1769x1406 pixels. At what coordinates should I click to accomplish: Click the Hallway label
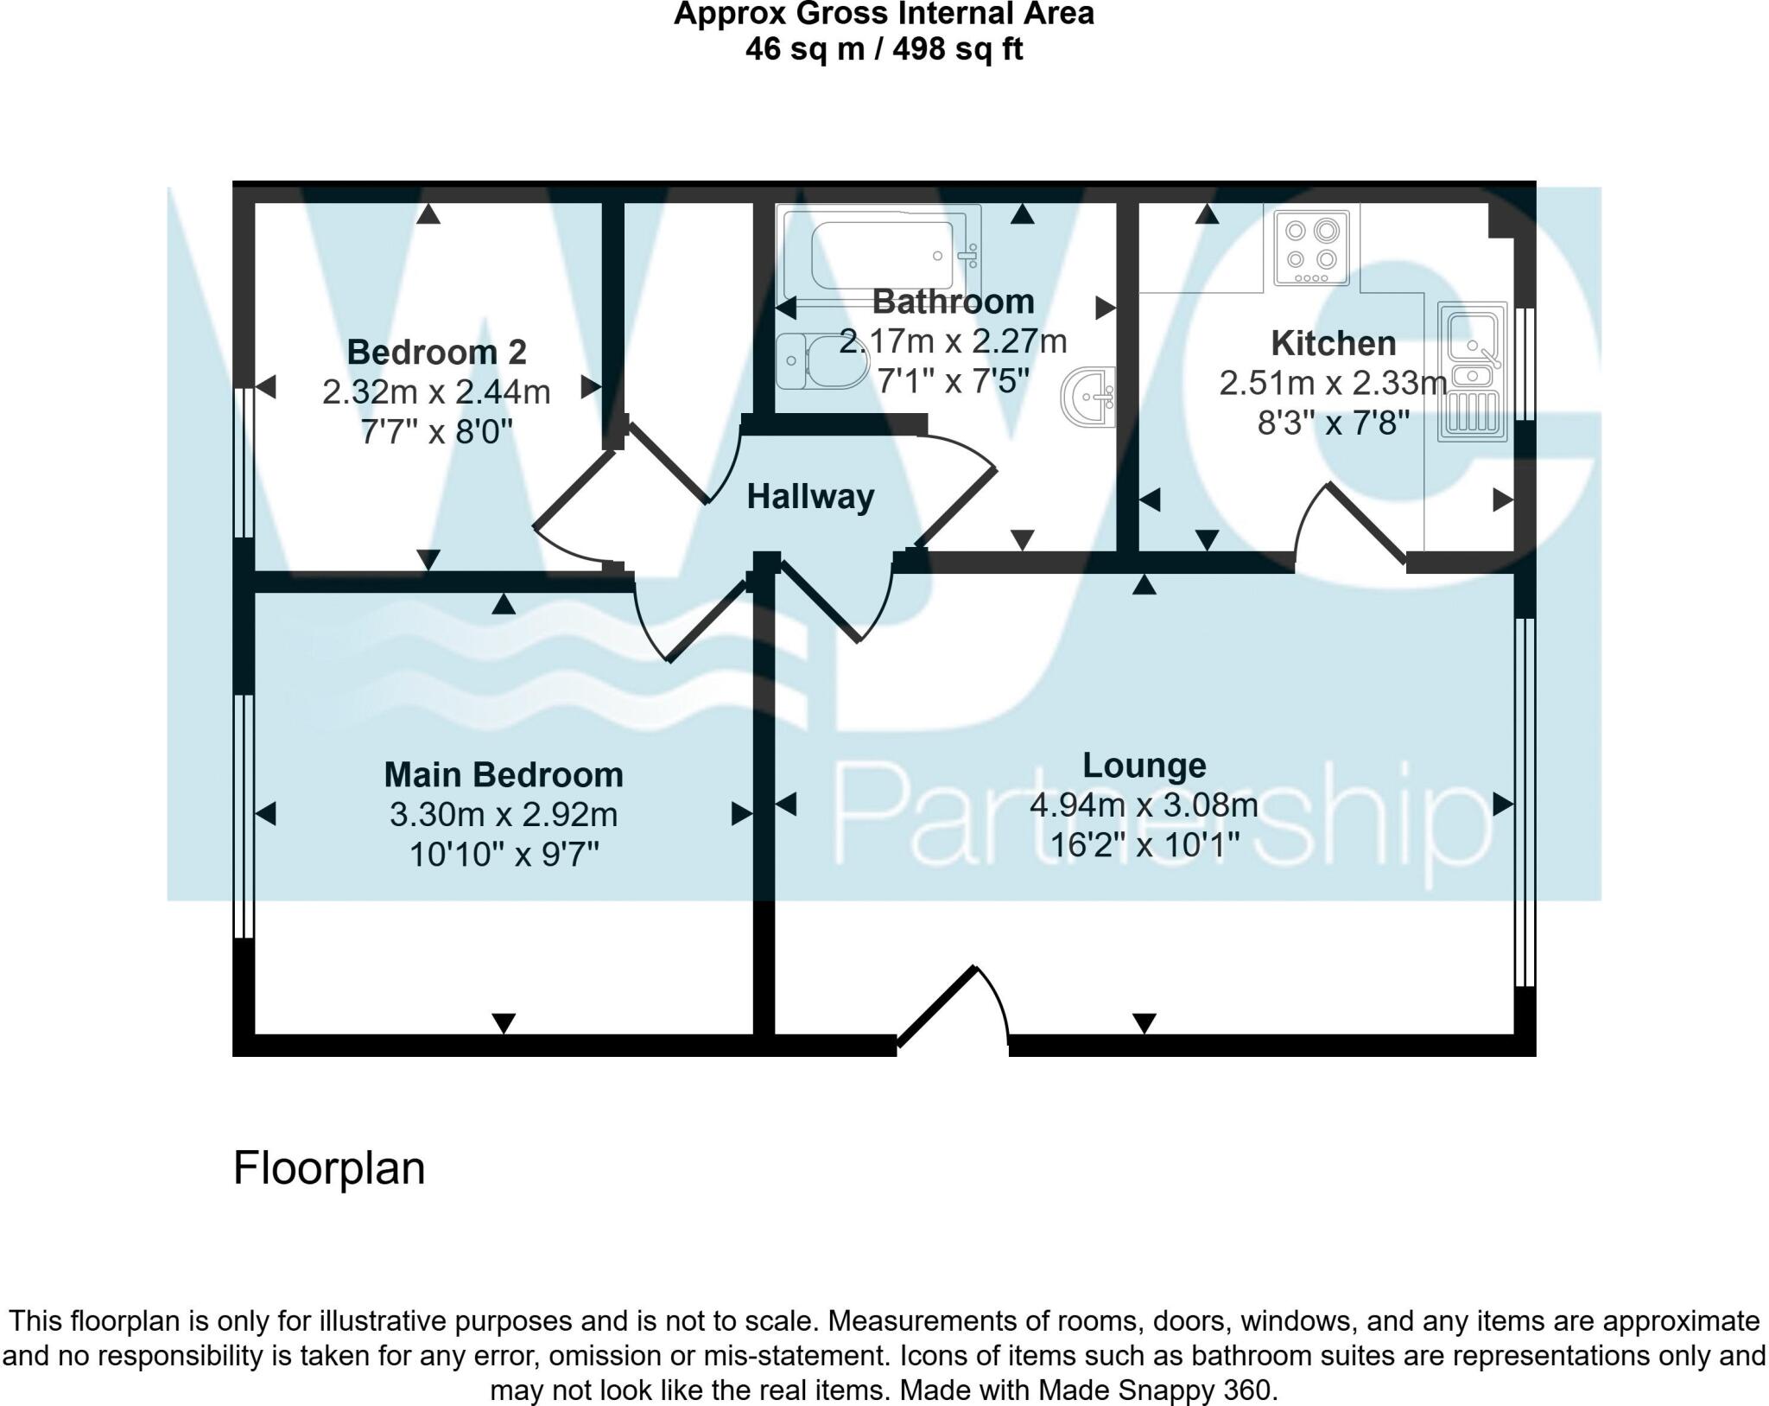coord(810,497)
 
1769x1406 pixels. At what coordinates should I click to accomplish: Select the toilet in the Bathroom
coord(821,362)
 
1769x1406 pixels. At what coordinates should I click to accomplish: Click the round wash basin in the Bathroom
coord(1091,398)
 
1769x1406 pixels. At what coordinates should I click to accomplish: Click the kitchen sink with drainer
coord(1472,372)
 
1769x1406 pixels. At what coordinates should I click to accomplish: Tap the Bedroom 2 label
coord(436,353)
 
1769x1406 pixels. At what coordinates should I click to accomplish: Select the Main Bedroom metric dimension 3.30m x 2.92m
coord(504,815)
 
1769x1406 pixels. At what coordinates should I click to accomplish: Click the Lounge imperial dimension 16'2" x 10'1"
coord(1144,843)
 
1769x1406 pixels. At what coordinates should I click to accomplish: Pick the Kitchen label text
coord(1333,344)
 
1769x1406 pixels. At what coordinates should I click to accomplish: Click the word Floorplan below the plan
coord(329,1168)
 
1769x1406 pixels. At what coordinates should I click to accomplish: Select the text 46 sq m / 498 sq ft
coord(884,49)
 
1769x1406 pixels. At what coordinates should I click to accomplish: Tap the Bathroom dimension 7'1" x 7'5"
coord(953,380)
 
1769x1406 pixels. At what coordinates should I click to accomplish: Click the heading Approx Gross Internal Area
coord(884,15)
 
